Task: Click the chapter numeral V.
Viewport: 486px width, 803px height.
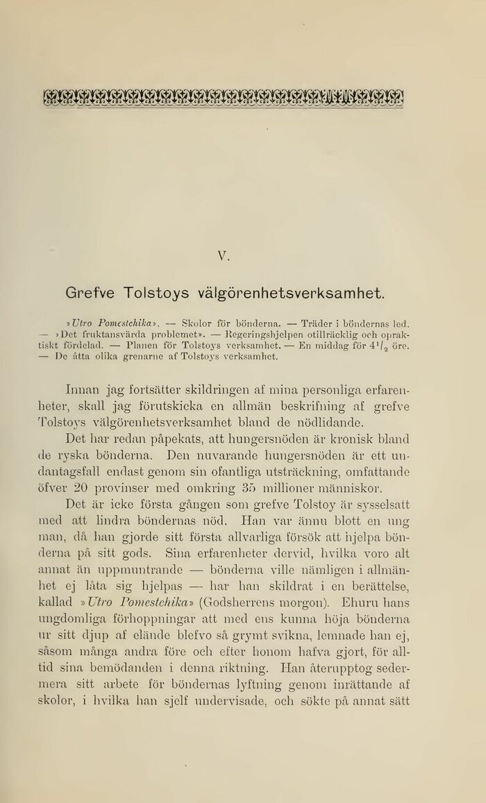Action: pyautogui.click(x=223, y=255)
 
